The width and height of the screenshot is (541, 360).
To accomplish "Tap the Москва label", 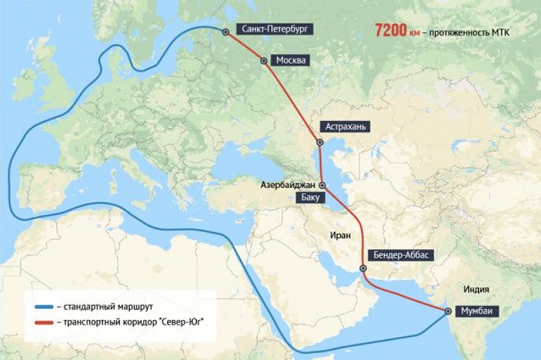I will click(x=291, y=60).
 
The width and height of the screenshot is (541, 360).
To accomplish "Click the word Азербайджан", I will click(x=288, y=185).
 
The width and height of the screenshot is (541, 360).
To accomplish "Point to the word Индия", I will click(x=477, y=288).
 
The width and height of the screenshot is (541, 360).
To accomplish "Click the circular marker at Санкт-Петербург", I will click(x=226, y=32).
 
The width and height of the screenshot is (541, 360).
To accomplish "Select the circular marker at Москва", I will click(x=263, y=60).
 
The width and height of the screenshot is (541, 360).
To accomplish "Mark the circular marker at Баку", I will click(x=322, y=185).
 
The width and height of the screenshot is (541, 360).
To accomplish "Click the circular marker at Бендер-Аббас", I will click(x=363, y=268).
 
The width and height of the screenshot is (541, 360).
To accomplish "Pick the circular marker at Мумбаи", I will click(x=449, y=312).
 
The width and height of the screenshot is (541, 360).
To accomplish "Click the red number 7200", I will click(x=390, y=31).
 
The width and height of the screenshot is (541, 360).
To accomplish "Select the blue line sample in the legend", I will click(x=44, y=307).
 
